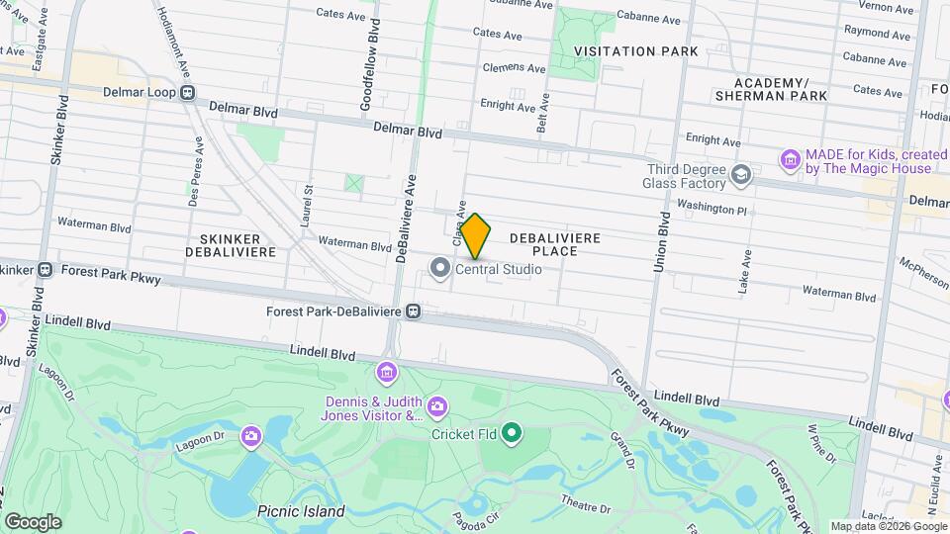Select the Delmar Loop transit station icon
187,93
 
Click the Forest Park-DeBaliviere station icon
414,311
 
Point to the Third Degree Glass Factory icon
740,175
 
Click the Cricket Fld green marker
512,432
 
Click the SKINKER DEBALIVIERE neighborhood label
230,245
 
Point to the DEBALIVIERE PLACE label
555,245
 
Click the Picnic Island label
301,511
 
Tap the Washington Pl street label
712,209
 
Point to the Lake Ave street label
745,272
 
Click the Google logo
32,521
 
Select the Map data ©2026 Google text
887,526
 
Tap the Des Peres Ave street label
192,178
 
